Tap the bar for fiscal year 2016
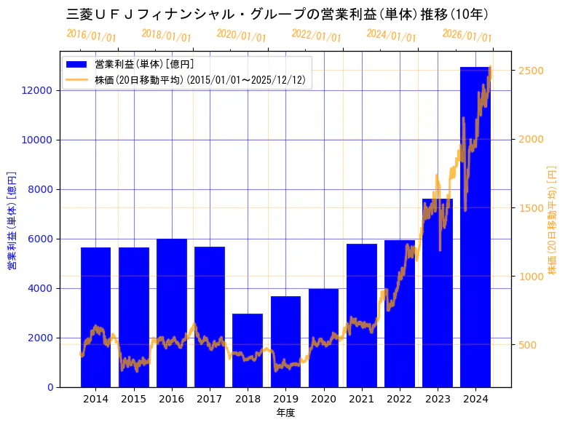click(x=172, y=313)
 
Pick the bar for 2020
click(x=323, y=338)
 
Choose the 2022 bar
click(x=400, y=314)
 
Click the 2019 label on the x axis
click(x=285, y=399)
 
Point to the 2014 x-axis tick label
click(x=95, y=399)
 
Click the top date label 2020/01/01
click(x=241, y=36)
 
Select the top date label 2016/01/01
click(x=91, y=36)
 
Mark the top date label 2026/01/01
click(x=467, y=36)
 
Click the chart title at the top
click(x=277, y=14)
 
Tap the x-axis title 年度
click(x=285, y=413)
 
